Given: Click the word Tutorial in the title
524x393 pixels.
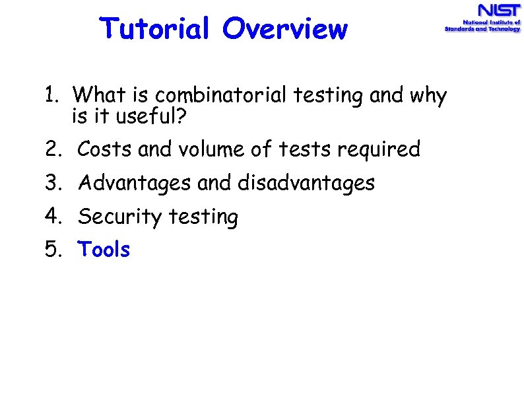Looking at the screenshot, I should (x=155, y=29).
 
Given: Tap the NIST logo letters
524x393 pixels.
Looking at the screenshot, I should (x=499, y=11).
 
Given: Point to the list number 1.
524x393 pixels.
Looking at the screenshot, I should (x=53, y=96).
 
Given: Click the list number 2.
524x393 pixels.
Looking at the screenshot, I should (x=53, y=150).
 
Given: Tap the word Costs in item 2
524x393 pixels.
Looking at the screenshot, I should (x=106, y=150).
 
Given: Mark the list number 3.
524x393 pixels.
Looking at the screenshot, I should (x=53, y=183).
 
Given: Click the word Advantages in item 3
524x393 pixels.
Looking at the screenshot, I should (x=135, y=184).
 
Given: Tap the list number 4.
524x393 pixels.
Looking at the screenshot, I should (x=53, y=217).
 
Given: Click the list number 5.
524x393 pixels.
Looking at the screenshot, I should (x=53, y=250).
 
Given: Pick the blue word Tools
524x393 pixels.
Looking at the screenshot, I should (x=104, y=250).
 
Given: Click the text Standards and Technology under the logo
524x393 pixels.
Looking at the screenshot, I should (x=482, y=30).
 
